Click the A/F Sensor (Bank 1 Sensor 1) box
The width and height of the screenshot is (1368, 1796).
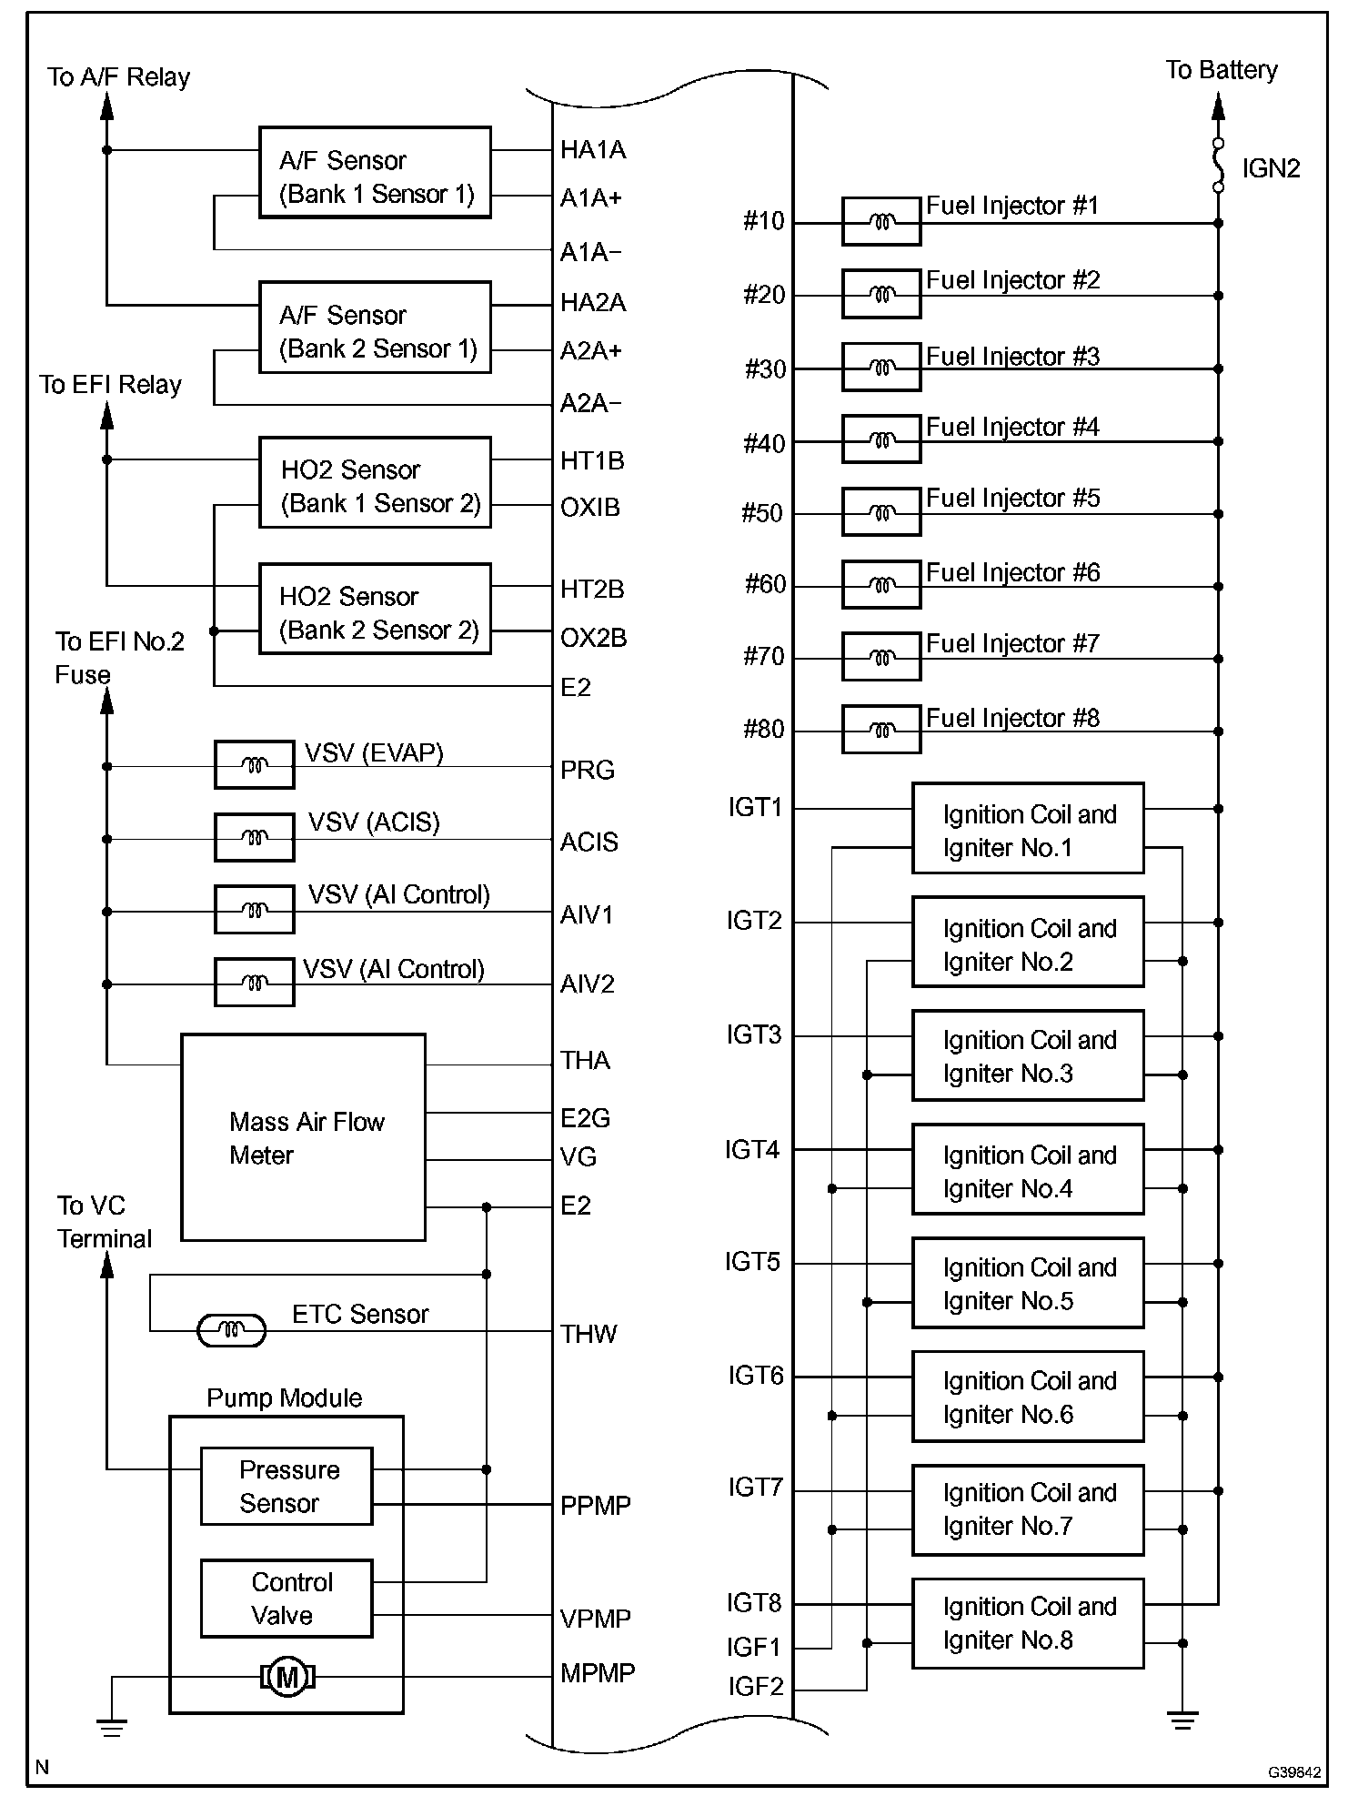pos(375,173)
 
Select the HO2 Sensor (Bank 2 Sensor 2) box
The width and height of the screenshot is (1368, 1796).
pos(375,609)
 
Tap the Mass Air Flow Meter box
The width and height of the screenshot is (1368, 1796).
pos(303,1137)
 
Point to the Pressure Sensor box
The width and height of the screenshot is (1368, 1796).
pos(286,1486)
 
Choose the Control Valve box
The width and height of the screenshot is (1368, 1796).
pos(286,1599)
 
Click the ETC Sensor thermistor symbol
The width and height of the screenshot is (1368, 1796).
pos(231,1331)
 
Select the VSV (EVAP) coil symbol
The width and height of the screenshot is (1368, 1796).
pos(254,765)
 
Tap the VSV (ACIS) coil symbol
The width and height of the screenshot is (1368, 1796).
pos(254,837)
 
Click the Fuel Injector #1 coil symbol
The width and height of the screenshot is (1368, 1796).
pos(880,222)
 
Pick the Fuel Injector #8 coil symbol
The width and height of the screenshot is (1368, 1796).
pos(880,730)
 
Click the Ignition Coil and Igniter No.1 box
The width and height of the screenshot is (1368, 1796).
pos(1028,829)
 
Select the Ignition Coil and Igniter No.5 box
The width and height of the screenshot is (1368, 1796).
pos(1028,1283)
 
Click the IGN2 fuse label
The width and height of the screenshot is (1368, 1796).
pos(1271,168)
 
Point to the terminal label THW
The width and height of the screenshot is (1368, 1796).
pos(588,1334)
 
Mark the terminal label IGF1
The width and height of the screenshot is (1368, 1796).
pos(754,1647)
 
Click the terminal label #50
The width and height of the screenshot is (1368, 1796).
pos(762,513)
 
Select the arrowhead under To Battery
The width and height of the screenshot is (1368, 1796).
pos(1218,107)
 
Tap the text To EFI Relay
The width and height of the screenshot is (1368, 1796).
pos(110,385)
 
